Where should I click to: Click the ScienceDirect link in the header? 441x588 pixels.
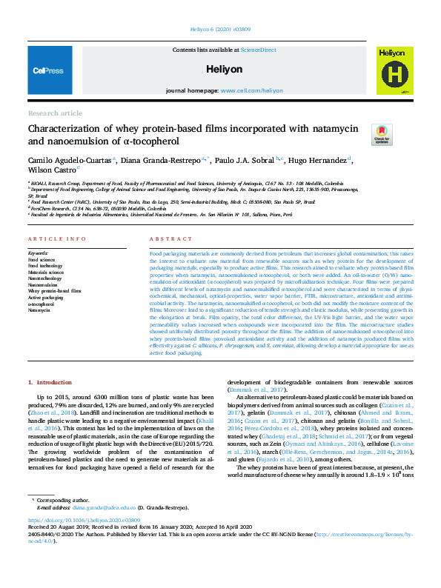point(257,50)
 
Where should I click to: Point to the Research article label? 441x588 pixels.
point(55,113)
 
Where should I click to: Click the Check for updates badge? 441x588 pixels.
point(382,134)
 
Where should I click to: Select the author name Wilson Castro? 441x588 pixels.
point(52,170)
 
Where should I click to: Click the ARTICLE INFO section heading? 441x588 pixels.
point(51,238)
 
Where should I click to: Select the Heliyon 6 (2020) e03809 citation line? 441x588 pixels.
point(220,30)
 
